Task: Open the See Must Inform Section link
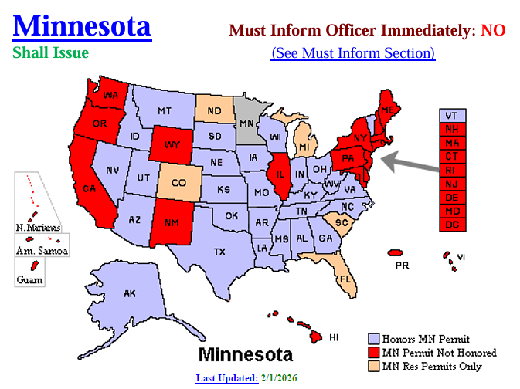353,52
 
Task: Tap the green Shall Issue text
50,52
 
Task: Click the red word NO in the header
492,30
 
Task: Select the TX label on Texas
219,251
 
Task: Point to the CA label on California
89,189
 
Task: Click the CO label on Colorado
178,184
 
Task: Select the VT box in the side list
450,115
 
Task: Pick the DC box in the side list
450,225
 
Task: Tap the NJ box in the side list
450,183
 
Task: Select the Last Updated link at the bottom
226,378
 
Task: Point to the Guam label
29,280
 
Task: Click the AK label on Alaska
129,293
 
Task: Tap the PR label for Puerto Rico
402,265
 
